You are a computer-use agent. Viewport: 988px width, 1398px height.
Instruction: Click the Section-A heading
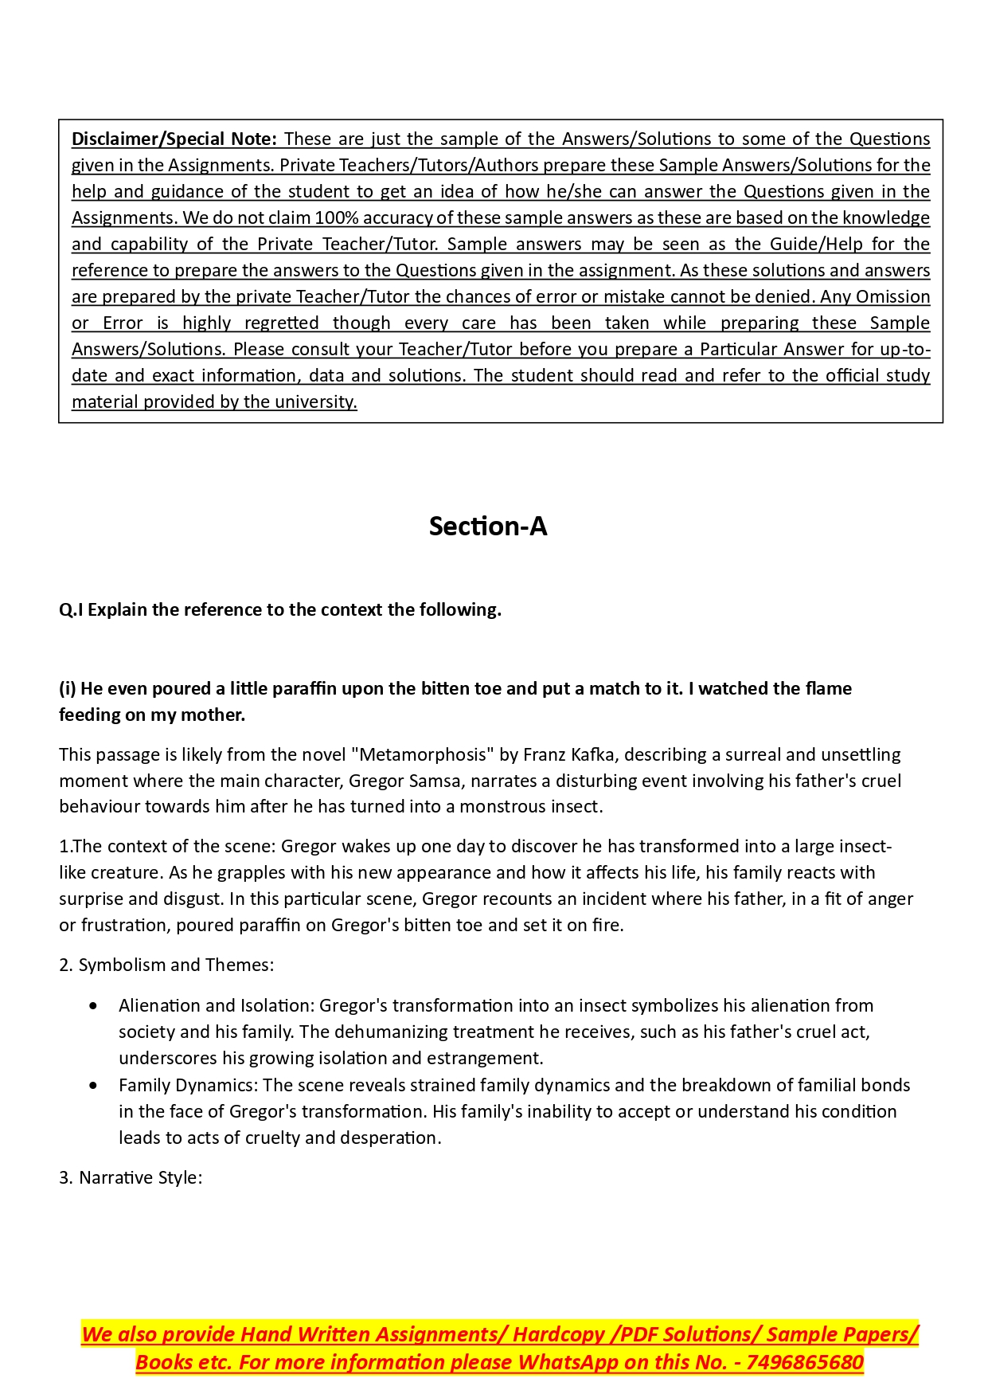(487, 527)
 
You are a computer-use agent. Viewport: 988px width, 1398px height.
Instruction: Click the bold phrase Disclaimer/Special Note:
(174, 139)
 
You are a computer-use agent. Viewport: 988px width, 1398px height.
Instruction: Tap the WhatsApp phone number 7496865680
(805, 1362)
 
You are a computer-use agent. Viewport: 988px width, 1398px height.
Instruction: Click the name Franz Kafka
(572, 755)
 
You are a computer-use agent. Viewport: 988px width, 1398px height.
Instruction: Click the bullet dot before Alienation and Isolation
(95, 1006)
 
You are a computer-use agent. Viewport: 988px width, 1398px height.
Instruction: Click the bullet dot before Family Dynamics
(95, 1086)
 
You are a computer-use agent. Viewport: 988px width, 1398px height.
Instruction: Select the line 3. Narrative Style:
(131, 1178)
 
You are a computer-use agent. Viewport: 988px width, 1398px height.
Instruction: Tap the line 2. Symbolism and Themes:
(166, 965)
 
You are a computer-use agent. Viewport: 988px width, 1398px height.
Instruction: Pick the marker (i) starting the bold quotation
(68, 689)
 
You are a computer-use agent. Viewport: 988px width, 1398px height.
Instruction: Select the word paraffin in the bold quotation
(307, 689)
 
